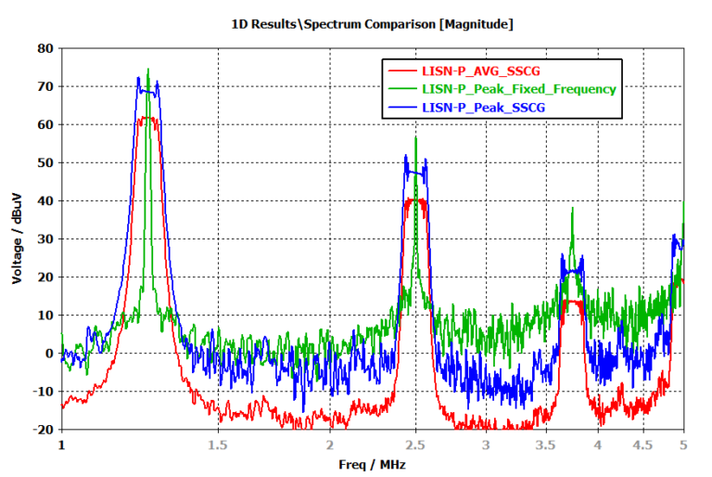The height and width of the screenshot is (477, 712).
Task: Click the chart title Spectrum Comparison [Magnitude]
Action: pos(371,24)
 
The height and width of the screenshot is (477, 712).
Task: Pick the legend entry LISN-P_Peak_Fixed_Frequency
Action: pos(518,89)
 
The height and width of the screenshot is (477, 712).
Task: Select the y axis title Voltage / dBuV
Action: pos(18,238)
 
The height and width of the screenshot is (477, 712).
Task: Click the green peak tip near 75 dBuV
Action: pos(148,69)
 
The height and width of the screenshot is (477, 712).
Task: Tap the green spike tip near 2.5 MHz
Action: pos(416,137)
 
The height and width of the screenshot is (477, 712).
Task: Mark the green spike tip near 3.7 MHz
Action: pos(572,208)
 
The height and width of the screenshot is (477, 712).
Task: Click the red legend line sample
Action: pos(401,71)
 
